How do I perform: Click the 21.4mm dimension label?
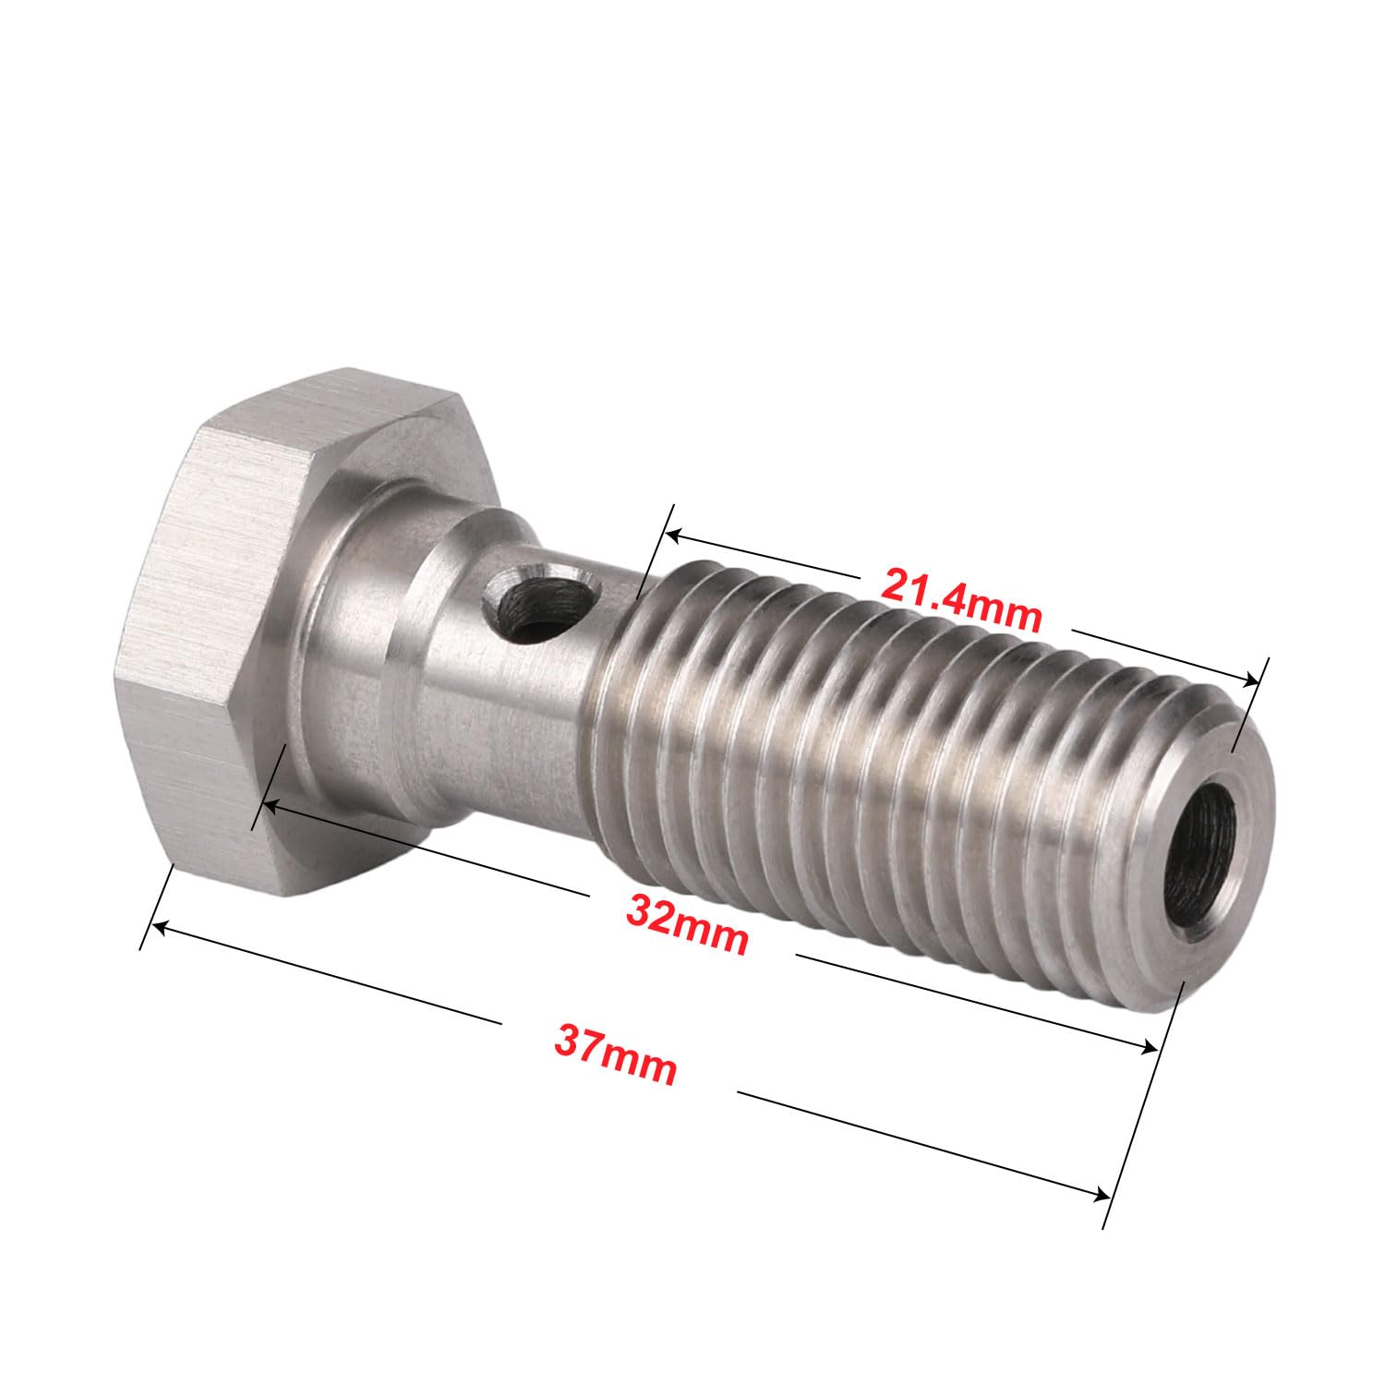[x=960, y=597]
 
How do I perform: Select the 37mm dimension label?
[x=615, y=1054]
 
